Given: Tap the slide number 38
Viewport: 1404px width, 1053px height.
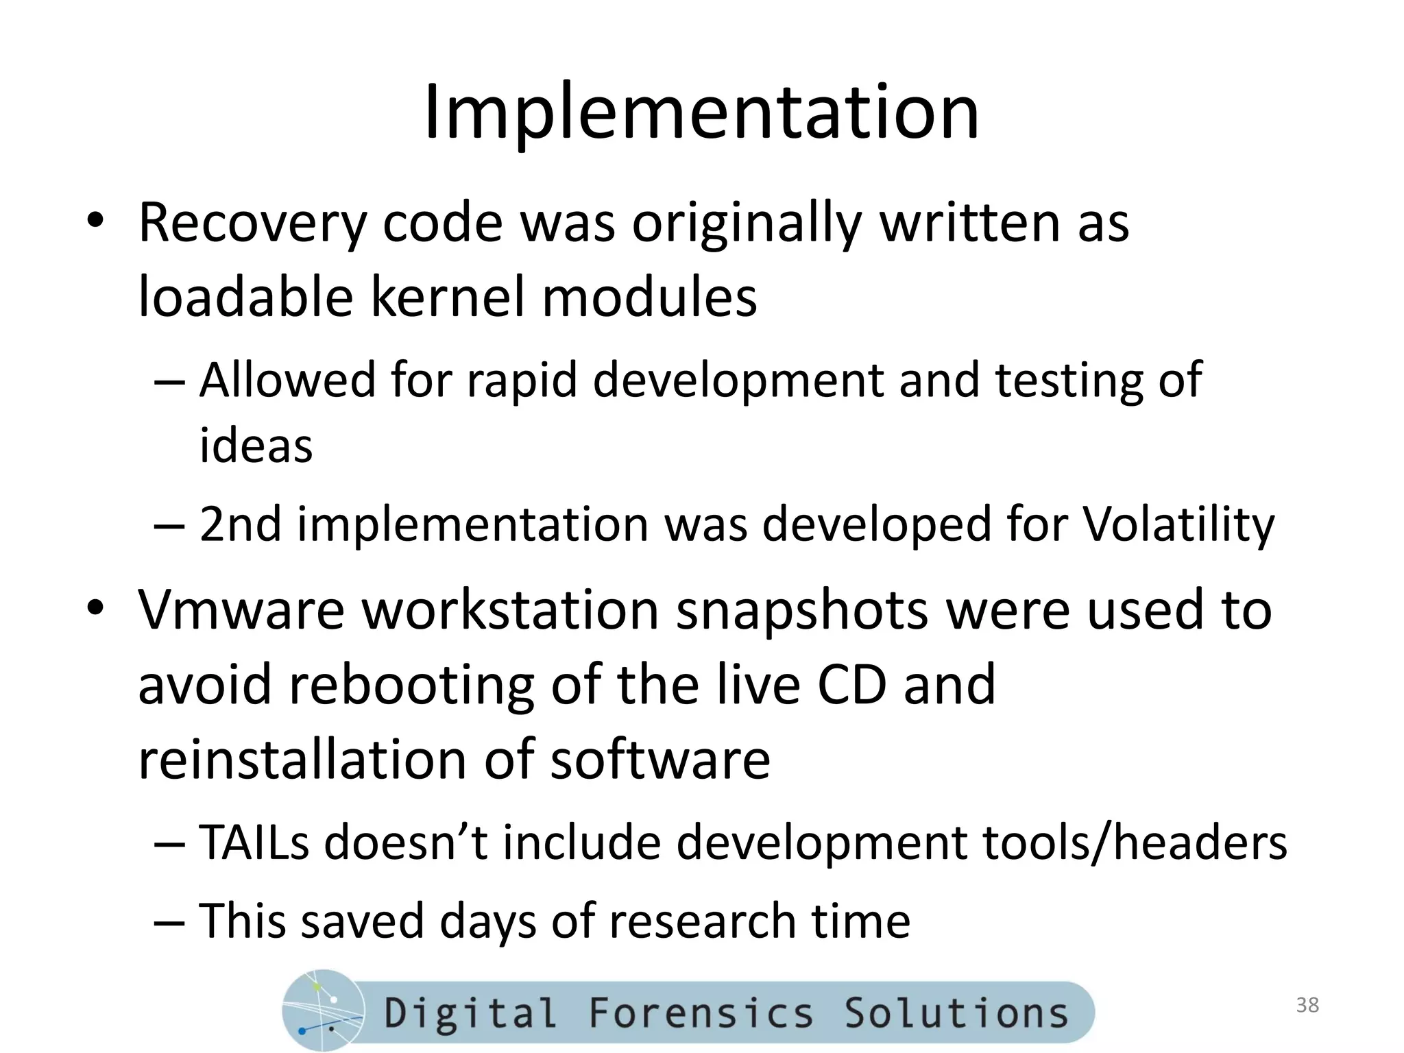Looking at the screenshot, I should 1307,1005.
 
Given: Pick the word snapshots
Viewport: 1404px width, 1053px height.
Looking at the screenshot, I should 801,609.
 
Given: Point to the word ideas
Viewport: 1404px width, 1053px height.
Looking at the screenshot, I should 256,446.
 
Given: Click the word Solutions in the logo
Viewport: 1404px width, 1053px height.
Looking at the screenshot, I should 956,1013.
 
